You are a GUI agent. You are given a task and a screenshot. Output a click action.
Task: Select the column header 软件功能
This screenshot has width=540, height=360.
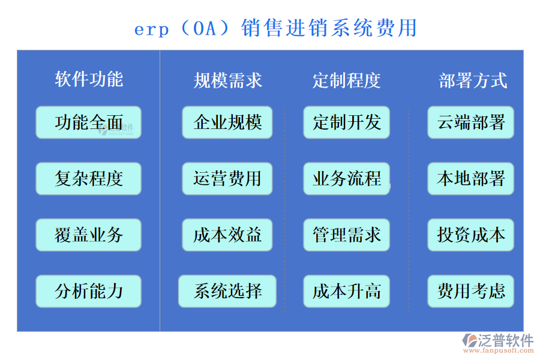(89, 79)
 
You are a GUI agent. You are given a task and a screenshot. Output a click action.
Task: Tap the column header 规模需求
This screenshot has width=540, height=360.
(227, 80)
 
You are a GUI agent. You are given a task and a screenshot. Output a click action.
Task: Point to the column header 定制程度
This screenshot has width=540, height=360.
(346, 80)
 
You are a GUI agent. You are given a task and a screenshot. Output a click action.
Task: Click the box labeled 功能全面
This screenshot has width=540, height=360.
(89, 122)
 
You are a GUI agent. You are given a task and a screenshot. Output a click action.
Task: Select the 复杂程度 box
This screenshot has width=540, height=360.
(89, 179)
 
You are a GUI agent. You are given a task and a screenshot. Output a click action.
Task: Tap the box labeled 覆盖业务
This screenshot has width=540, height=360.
(89, 235)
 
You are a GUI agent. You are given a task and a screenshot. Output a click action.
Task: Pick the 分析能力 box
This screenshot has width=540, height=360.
(89, 292)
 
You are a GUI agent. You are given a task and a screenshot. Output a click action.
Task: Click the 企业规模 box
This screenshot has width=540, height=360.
(227, 122)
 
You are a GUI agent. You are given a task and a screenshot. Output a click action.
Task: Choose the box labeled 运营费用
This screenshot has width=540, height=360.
(227, 179)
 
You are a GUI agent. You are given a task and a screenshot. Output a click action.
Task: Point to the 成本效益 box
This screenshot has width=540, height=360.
(227, 235)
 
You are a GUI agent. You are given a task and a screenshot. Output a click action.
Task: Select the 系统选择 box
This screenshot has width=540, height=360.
(227, 292)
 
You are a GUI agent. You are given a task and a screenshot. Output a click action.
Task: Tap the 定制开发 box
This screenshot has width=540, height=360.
(346, 122)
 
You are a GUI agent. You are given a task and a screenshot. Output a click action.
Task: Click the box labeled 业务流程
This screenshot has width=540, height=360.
(346, 179)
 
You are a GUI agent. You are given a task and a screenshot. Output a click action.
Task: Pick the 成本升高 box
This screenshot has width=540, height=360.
(346, 292)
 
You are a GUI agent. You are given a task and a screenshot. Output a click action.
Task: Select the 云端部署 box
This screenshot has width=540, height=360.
(471, 122)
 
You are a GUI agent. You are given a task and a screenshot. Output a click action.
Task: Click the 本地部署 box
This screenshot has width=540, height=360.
(471, 179)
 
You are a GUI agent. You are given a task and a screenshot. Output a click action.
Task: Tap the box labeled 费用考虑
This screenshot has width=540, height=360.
(471, 292)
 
